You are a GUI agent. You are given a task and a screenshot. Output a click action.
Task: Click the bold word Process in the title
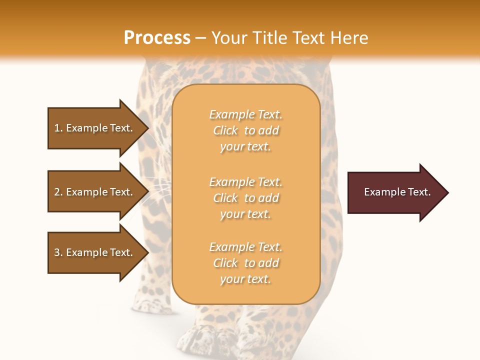click(157, 38)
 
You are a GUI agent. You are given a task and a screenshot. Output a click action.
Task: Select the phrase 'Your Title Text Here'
click(289, 38)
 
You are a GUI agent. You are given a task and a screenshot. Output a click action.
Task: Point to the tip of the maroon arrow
click(446, 192)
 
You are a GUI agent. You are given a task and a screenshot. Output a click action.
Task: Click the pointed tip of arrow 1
click(146, 128)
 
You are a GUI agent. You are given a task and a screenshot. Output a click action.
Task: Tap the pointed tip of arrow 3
click(146, 252)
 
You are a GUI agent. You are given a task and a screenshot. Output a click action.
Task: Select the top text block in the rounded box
click(245, 130)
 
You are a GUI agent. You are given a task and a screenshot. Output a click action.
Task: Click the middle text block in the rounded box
click(245, 198)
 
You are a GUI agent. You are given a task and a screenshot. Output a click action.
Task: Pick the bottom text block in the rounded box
click(245, 263)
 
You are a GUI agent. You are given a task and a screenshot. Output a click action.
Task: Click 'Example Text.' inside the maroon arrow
click(397, 192)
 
